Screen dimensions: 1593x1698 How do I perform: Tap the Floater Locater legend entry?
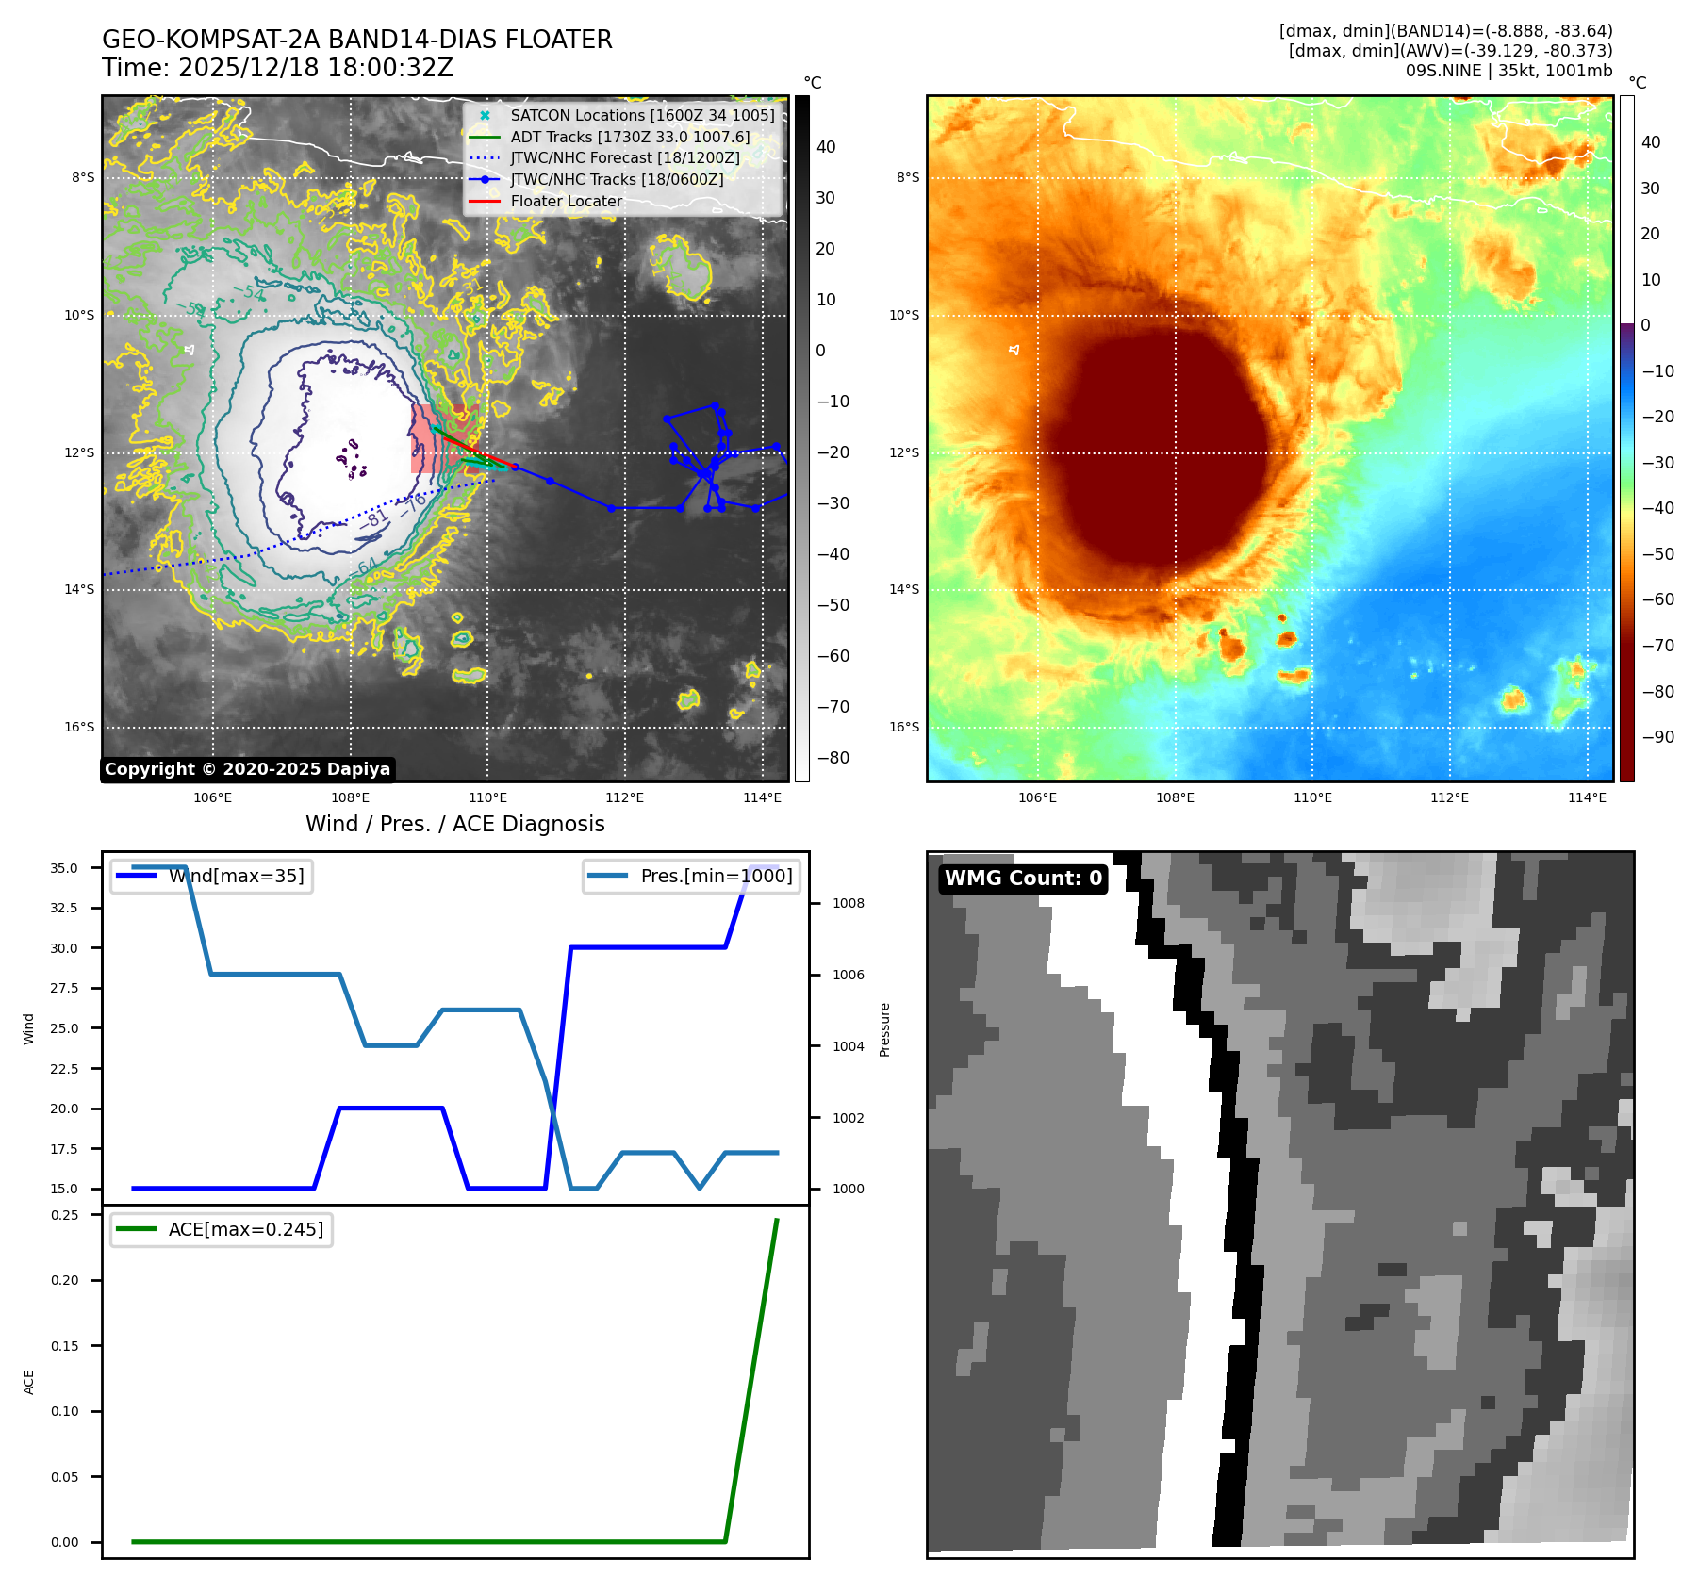coord(566,201)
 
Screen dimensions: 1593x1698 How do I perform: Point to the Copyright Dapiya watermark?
coord(247,769)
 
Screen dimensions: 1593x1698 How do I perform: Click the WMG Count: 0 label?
coord(1023,879)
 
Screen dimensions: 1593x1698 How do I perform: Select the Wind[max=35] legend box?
coord(212,876)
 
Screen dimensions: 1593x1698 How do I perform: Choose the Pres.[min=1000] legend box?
coord(692,876)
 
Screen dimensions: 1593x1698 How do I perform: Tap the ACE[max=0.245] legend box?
coord(222,1229)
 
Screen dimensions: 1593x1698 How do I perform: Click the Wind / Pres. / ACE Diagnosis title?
coord(455,824)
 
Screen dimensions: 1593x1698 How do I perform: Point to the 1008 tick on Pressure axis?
coord(848,903)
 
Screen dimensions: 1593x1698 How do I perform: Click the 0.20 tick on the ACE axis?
coord(65,1280)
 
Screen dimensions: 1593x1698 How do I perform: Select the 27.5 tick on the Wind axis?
coord(64,988)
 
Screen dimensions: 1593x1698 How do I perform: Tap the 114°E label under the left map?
coord(762,797)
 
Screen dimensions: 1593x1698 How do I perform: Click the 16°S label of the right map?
coord(904,727)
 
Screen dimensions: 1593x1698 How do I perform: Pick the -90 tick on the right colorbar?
coord(1657,737)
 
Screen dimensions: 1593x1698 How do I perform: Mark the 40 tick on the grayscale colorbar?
coord(826,147)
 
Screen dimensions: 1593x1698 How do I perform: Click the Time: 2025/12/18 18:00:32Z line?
coord(277,68)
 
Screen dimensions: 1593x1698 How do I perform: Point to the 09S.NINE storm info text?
coord(1508,71)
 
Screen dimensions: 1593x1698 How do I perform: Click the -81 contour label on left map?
coord(375,519)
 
